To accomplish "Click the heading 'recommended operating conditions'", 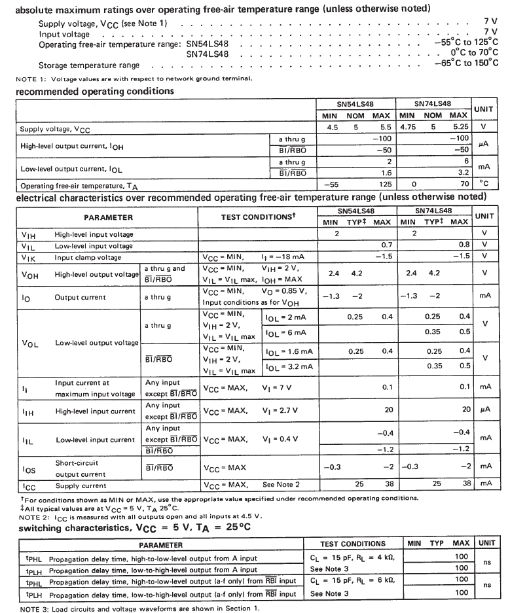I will coord(95,91).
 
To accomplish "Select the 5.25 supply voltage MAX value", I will coord(461,128).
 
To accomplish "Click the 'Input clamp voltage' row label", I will coord(88,257).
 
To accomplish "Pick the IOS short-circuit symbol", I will coord(29,468).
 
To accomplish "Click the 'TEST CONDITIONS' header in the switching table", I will coord(352,544).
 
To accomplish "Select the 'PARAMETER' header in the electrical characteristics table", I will coord(108,217).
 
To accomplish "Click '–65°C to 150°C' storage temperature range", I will coord(465,63).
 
